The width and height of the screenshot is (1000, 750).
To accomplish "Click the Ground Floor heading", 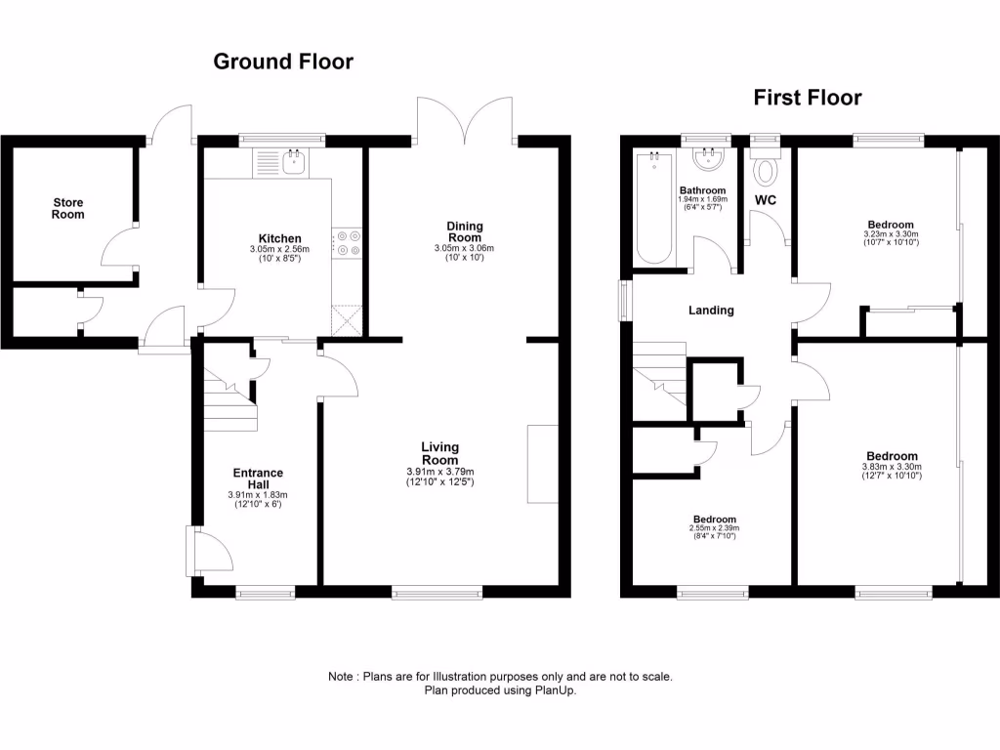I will pyautogui.click(x=283, y=62).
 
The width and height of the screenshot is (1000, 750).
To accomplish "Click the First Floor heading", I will pyautogui.click(x=807, y=98).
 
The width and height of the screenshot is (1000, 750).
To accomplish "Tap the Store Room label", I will pyautogui.click(x=68, y=208).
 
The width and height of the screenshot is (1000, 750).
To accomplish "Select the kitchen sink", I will pyautogui.click(x=293, y=163).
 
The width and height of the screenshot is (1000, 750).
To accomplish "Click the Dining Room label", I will pyautogui.click(x=465, y=232).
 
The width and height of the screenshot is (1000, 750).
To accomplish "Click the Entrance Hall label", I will pyautogui.click(x=258, y=479).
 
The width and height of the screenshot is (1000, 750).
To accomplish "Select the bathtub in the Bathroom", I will pyautogui.click(x=654, y=207).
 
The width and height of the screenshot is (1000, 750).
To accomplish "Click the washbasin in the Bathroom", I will pyautogui.click(x=709, y=160).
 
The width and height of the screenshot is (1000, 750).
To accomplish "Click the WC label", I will pyautogui.click(x=765, y=200).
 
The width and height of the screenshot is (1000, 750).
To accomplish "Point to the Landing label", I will pyautogui.click(x=711, y=311).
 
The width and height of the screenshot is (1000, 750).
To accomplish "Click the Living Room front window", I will pyautogui.click(x=437, y=590).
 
